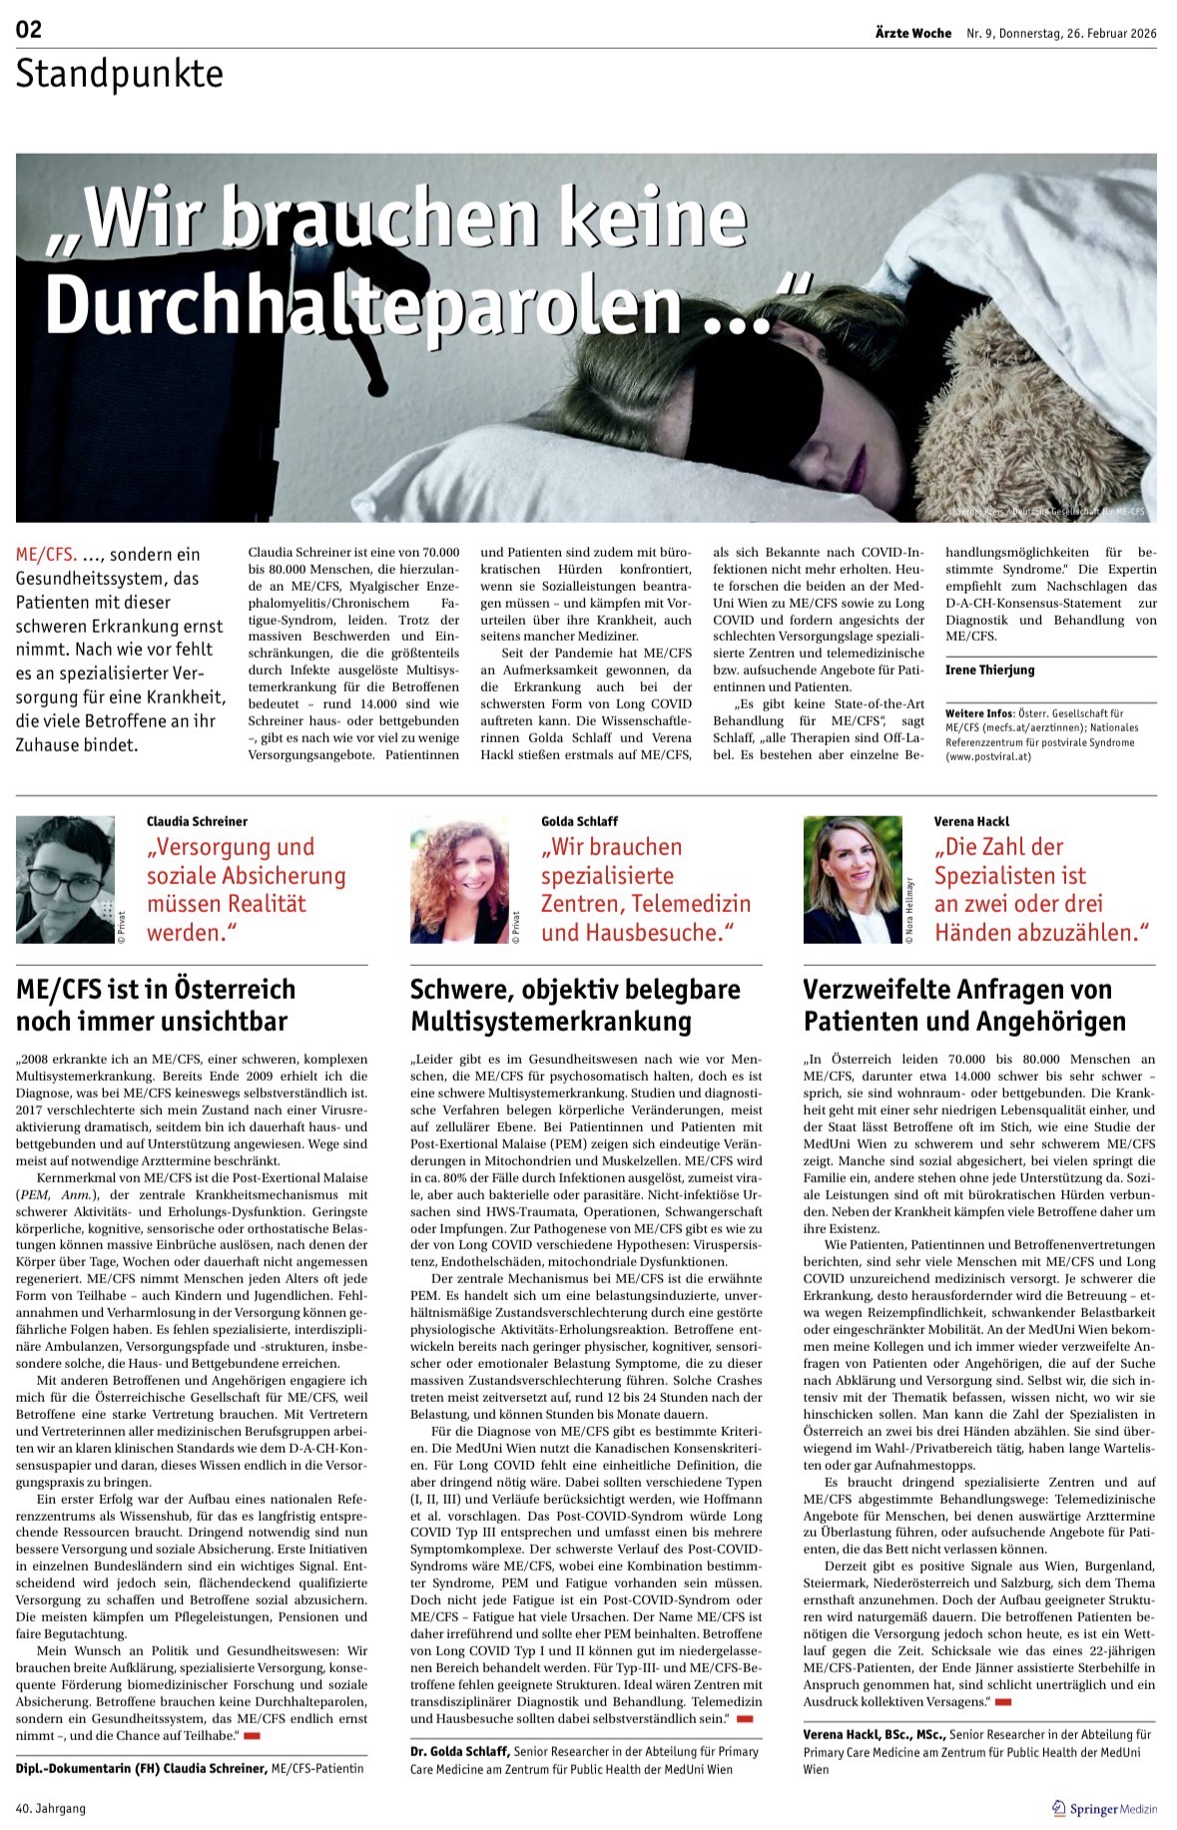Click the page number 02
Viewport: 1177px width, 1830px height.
[29, 29]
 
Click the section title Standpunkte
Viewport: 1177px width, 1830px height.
[119, 75]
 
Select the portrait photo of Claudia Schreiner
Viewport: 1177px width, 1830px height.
[66, 879]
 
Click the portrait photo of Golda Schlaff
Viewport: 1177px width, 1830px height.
[460, 879]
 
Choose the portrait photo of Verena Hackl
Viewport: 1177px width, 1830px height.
[853, 879]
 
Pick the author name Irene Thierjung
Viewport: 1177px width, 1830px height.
[989, 670]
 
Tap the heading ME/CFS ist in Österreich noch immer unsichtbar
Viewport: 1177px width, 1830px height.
[156, 1005]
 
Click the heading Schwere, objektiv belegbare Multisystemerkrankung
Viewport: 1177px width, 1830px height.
[575, 1005]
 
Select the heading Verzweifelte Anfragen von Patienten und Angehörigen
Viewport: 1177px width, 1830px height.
[964, 1005]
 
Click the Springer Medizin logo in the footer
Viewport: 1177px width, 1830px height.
[1104, 1808]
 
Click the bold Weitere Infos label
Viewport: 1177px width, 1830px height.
[979, 713]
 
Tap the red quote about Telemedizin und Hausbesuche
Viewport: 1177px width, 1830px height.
[645, 889]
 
